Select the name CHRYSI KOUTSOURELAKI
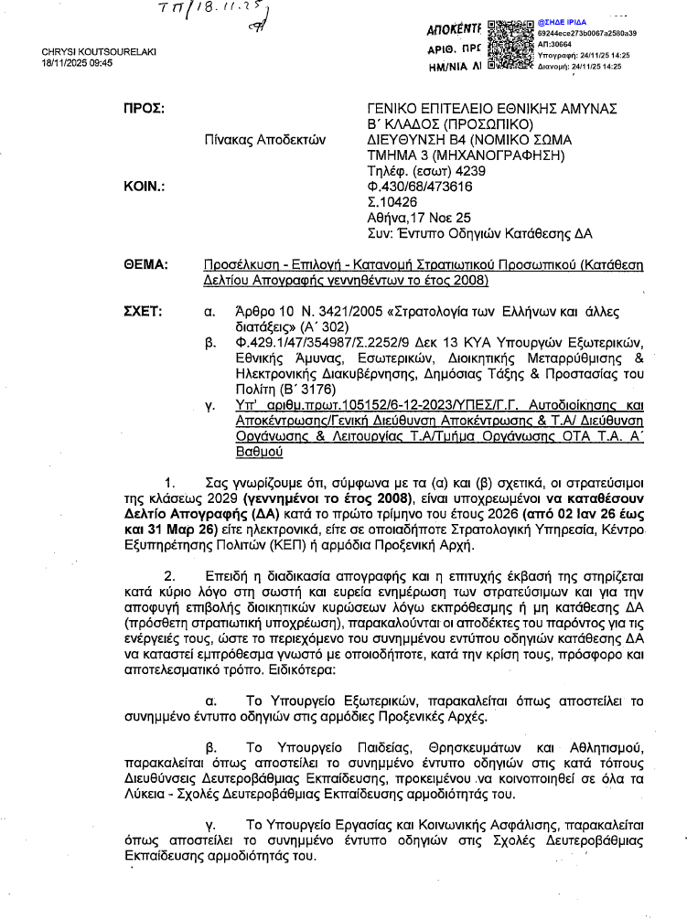[99, 51]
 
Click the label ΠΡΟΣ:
[144, 109]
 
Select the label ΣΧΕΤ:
[144, 311]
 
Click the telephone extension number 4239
[467, 170]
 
